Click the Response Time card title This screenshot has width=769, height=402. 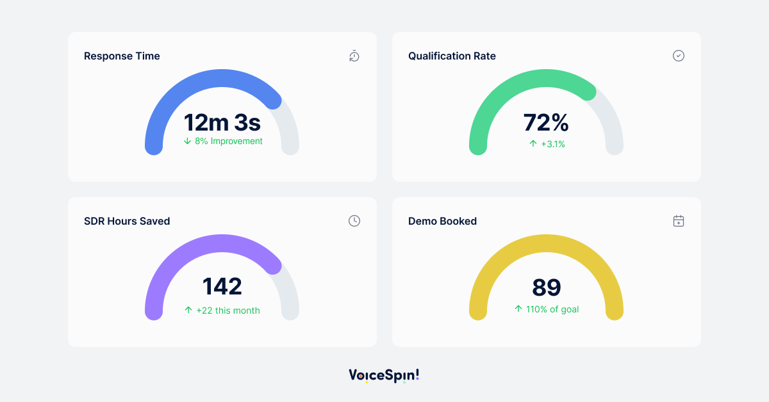click(x=122, y=56)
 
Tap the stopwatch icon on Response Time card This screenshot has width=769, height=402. click(x=354, y=56)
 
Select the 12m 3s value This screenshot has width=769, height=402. click(x=222, y=122)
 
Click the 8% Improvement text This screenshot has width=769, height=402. click(x=228, y=141)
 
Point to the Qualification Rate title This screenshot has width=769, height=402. click(x=452, y=56)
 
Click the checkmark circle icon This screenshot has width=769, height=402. click(x=679, y=56)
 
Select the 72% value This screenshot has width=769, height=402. click(x=546, y=122)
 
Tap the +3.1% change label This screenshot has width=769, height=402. click(x=552, y=144)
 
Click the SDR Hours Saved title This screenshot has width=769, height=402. click(x=127, y=221)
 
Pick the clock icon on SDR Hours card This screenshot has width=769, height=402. click(x=354, y=221)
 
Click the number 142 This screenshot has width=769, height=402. click(x=222, y=287)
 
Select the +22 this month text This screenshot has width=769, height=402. click(x=228, y=310)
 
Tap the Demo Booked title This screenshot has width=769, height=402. click(x=442, y=221)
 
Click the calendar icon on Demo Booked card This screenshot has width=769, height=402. click(x=679, y=221)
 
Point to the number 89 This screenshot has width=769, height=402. click(x=546, y=287)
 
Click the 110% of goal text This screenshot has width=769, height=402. click(x=551, y=309)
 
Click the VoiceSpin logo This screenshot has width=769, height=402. click(x=384, y=375)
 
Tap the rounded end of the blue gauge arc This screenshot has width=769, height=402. click(x=273, y=99)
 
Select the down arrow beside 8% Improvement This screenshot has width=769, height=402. click(x=187, y=141)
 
